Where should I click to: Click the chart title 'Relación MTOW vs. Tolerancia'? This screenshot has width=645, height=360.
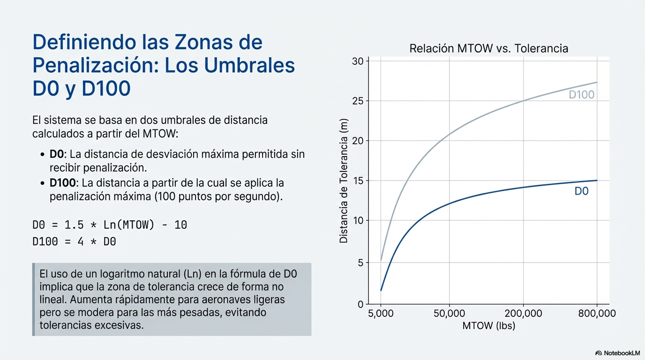point(488,48)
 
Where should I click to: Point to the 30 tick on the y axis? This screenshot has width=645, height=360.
point(358,61)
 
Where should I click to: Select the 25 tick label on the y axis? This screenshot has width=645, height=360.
point(358,101)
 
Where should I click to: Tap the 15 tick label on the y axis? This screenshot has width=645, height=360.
point(358,181)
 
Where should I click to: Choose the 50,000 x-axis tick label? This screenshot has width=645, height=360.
point(449,313)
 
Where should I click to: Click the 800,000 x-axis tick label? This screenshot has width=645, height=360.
point(596,313)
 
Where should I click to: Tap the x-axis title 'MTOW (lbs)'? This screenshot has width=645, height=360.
point(488,326)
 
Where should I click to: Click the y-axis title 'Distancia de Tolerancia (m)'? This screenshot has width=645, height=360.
point(344,180)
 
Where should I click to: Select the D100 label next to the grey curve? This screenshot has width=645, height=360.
point(581,95)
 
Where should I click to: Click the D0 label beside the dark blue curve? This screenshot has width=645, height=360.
point(581,191)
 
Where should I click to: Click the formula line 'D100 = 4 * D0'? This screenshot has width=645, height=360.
point(74,242)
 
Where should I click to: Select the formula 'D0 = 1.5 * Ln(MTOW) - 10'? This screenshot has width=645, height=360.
point(110,225)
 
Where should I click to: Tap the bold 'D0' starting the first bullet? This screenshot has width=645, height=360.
point(56,154)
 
